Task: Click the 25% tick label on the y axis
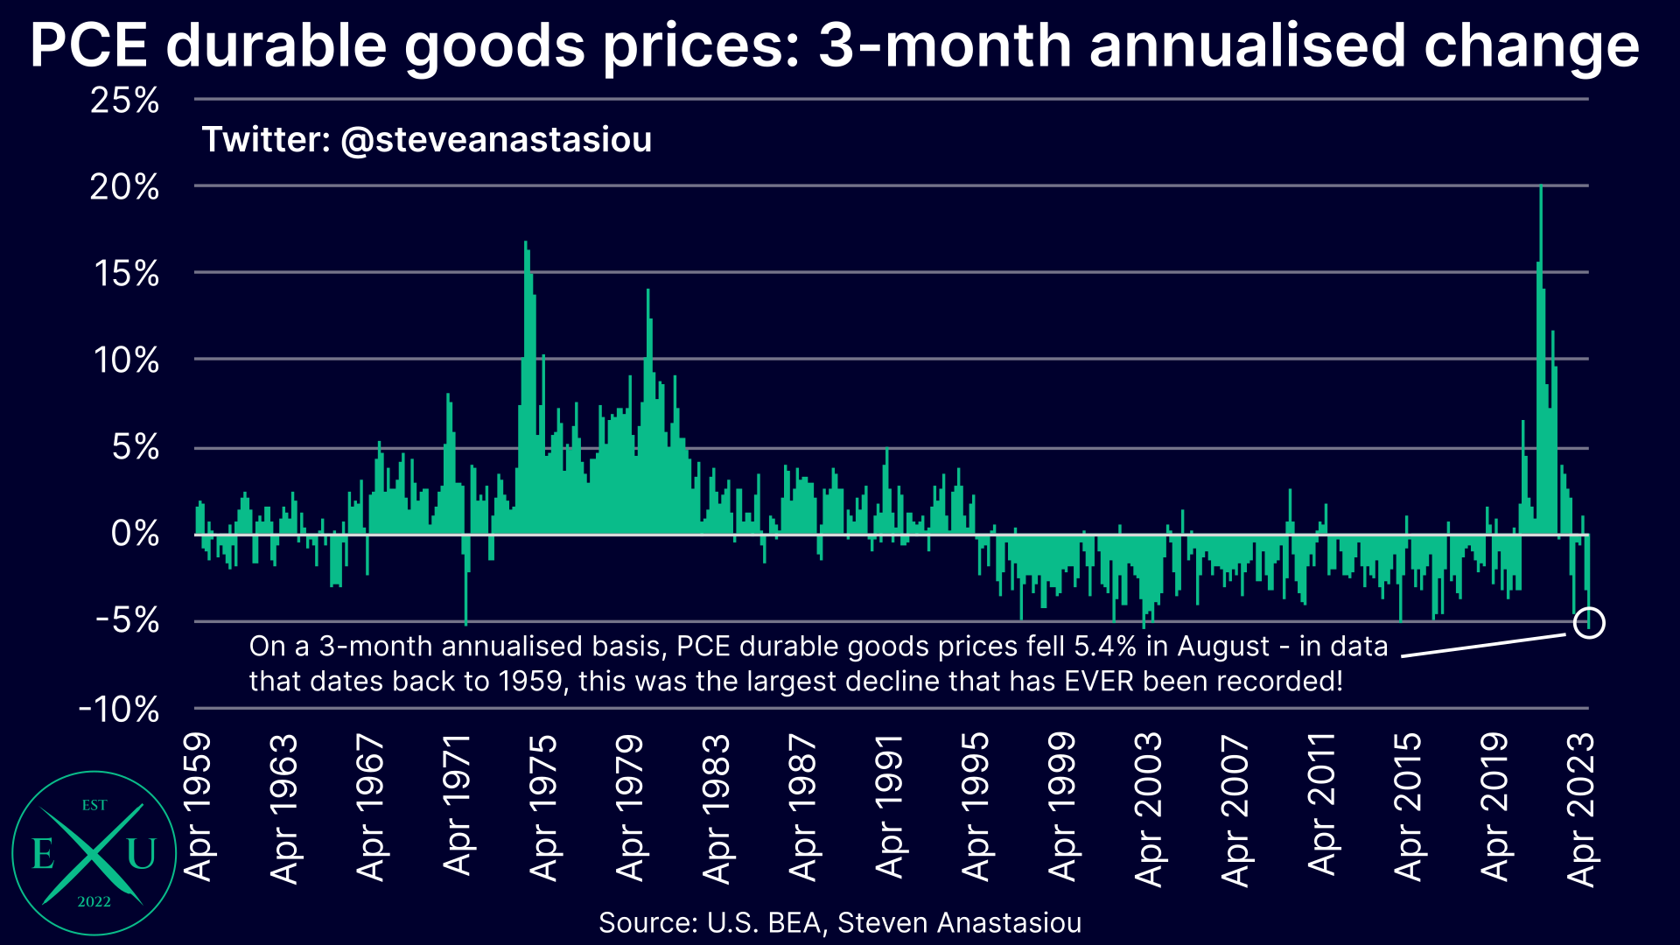coord(125,101)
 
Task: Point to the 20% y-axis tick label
coord(125,186)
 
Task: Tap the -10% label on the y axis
coord(120,709)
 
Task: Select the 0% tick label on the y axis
coord(136,533)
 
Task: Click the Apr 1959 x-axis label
coord(199,806)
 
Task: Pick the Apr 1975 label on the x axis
coord(544,806)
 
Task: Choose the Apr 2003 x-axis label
coord(1149,809)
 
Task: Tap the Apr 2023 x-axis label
coord(1582,809)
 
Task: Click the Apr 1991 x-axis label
coord(890,806)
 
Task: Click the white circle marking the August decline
coord(1589,623)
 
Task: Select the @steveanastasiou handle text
coord(496,140)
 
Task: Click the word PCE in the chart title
coord(88,45)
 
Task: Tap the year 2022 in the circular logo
coord(94,902)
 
